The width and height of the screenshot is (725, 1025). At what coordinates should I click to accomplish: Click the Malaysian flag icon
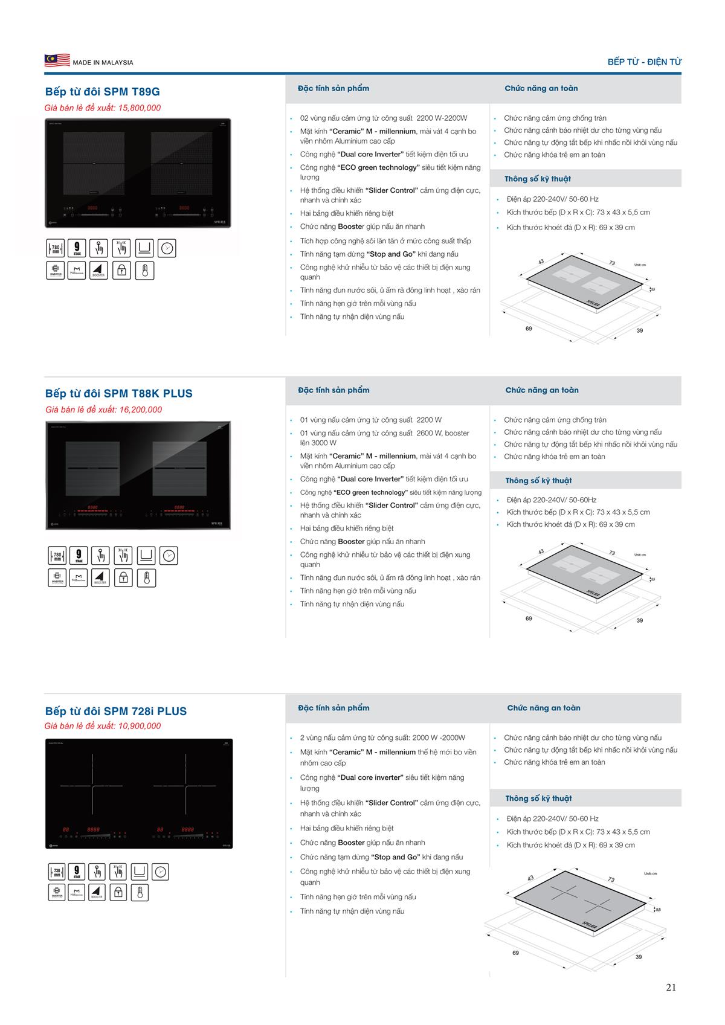57,60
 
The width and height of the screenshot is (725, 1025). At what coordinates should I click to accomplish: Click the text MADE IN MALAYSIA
103,63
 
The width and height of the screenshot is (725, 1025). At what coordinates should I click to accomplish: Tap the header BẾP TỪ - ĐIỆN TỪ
644,62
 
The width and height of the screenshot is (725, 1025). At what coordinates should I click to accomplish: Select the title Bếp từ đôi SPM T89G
103,92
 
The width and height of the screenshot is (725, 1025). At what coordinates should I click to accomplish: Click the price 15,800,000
140,108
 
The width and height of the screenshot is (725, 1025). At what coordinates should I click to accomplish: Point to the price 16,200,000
141,410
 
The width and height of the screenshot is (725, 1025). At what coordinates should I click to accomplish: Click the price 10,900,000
140,726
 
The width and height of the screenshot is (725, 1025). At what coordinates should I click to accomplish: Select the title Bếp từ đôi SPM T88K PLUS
119,393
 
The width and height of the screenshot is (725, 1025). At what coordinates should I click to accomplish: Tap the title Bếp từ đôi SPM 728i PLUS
116,711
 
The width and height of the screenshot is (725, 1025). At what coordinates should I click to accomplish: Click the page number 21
671,988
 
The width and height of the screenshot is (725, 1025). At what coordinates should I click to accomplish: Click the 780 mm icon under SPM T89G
56,248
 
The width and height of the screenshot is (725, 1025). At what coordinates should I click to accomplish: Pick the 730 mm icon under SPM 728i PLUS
57,872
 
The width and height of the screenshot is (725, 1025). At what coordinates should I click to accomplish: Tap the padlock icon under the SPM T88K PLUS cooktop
123,578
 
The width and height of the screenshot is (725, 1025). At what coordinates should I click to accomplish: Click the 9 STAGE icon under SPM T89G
77,248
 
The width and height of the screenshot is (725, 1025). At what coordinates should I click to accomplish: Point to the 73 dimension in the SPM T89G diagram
612,263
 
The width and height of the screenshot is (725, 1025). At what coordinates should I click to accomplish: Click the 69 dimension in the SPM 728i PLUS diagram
515,953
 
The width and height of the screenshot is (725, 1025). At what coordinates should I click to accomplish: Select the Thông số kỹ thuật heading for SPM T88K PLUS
538,481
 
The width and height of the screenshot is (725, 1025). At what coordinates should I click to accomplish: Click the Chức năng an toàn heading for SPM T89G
541,88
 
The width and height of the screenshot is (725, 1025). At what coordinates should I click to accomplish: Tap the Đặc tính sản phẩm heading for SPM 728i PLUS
333,708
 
